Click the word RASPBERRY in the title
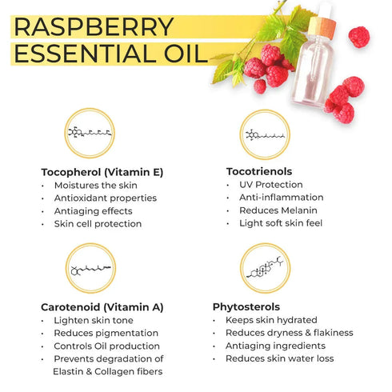pyautogui.click(x=94, y=26)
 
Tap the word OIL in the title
pyautogui.click(x=186, y=54)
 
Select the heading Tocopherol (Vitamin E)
pyautogui.click(x=102, y=172)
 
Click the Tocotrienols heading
pyautogui.click(x=259, y=171)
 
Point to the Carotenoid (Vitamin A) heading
pyautogui.click(x=102, y=307)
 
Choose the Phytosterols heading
pyautogui.click(x=246, y=307)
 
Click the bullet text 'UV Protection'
pyautogui.click(x=271, y=185)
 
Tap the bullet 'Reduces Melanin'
pyautogui.click(x=278, y=210)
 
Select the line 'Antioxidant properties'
pyautogui.click(x=106, y=198)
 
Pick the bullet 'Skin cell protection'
pyautogui.click(x=98, y=224)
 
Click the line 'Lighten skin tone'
pyautogui.click(x=94, y=320)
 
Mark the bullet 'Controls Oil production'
pyautogui.click(x=106, y=346)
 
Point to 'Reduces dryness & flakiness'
pyautogui.click(x=290, y=333)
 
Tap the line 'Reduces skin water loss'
pyautogui.click(x=280, y=358)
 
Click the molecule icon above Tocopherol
pyautogui.click(x=90, y=133)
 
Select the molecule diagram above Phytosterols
pyautogui.click(x=265, y=268)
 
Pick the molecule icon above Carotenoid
pyautogui.click(x=90, y=268)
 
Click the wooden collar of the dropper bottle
pyautogui.click(x=322, y=26)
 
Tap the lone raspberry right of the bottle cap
pyautogui.click(x=359, y=37)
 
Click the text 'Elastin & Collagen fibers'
pyautogui.click(x=108, y=372)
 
